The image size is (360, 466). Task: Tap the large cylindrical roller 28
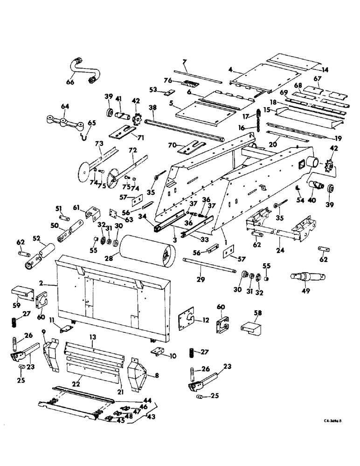point(145,252)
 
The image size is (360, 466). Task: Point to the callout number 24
point(279,241)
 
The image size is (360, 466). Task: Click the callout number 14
point(325,70)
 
